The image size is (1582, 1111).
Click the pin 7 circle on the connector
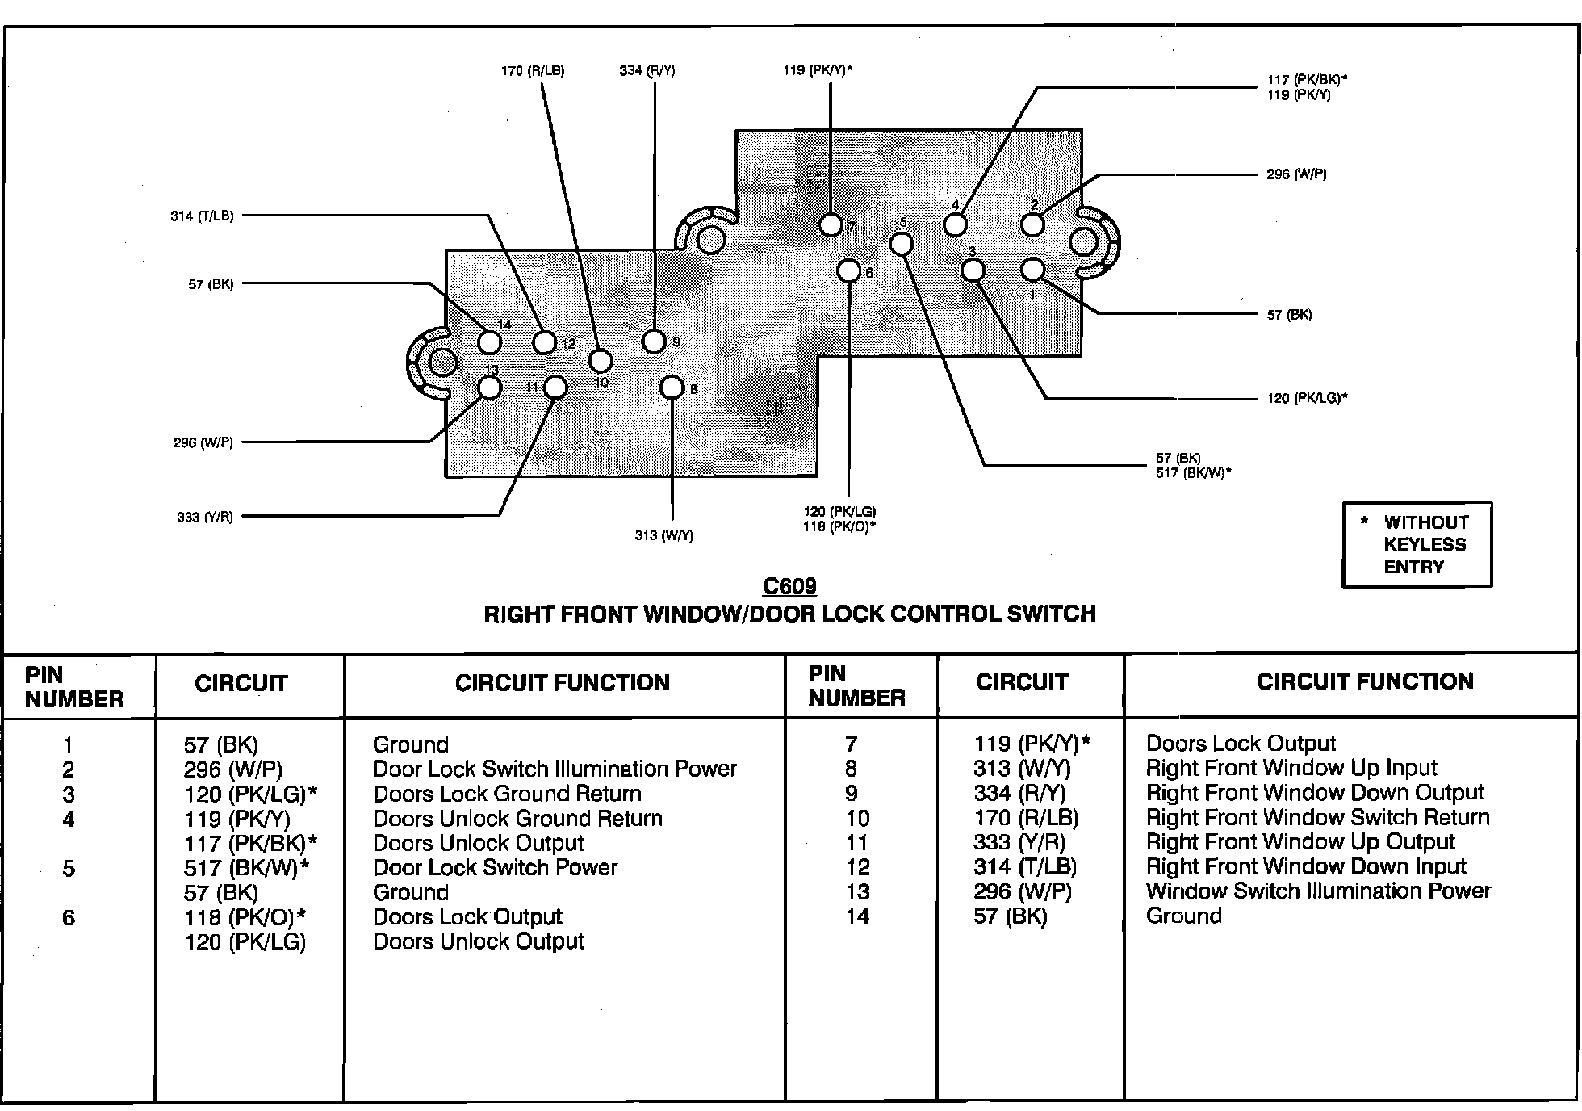831,224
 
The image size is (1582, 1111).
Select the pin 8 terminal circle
672,388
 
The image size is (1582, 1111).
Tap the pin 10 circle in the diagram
600,361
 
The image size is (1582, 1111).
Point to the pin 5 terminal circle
901,244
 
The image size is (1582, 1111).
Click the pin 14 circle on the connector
489,342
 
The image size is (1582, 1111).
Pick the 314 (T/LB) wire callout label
202,216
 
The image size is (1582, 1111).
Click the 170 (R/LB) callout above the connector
533,71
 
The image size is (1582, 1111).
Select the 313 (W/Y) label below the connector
663,535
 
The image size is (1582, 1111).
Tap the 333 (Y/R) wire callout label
205,517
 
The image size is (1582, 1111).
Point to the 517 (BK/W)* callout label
1194,473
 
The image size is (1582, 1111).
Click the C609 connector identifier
789,586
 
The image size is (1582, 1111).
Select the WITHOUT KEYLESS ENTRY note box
1417,544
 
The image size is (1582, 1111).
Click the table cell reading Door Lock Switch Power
495,868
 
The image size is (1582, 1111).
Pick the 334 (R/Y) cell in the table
1019,794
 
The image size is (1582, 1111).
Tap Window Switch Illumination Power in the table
1318,891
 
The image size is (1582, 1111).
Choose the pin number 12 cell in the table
857,867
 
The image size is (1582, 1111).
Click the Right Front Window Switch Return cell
1317,818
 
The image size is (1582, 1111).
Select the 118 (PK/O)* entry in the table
245,917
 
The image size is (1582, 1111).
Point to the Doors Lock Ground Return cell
507,794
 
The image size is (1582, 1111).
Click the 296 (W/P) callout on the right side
1296,174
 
